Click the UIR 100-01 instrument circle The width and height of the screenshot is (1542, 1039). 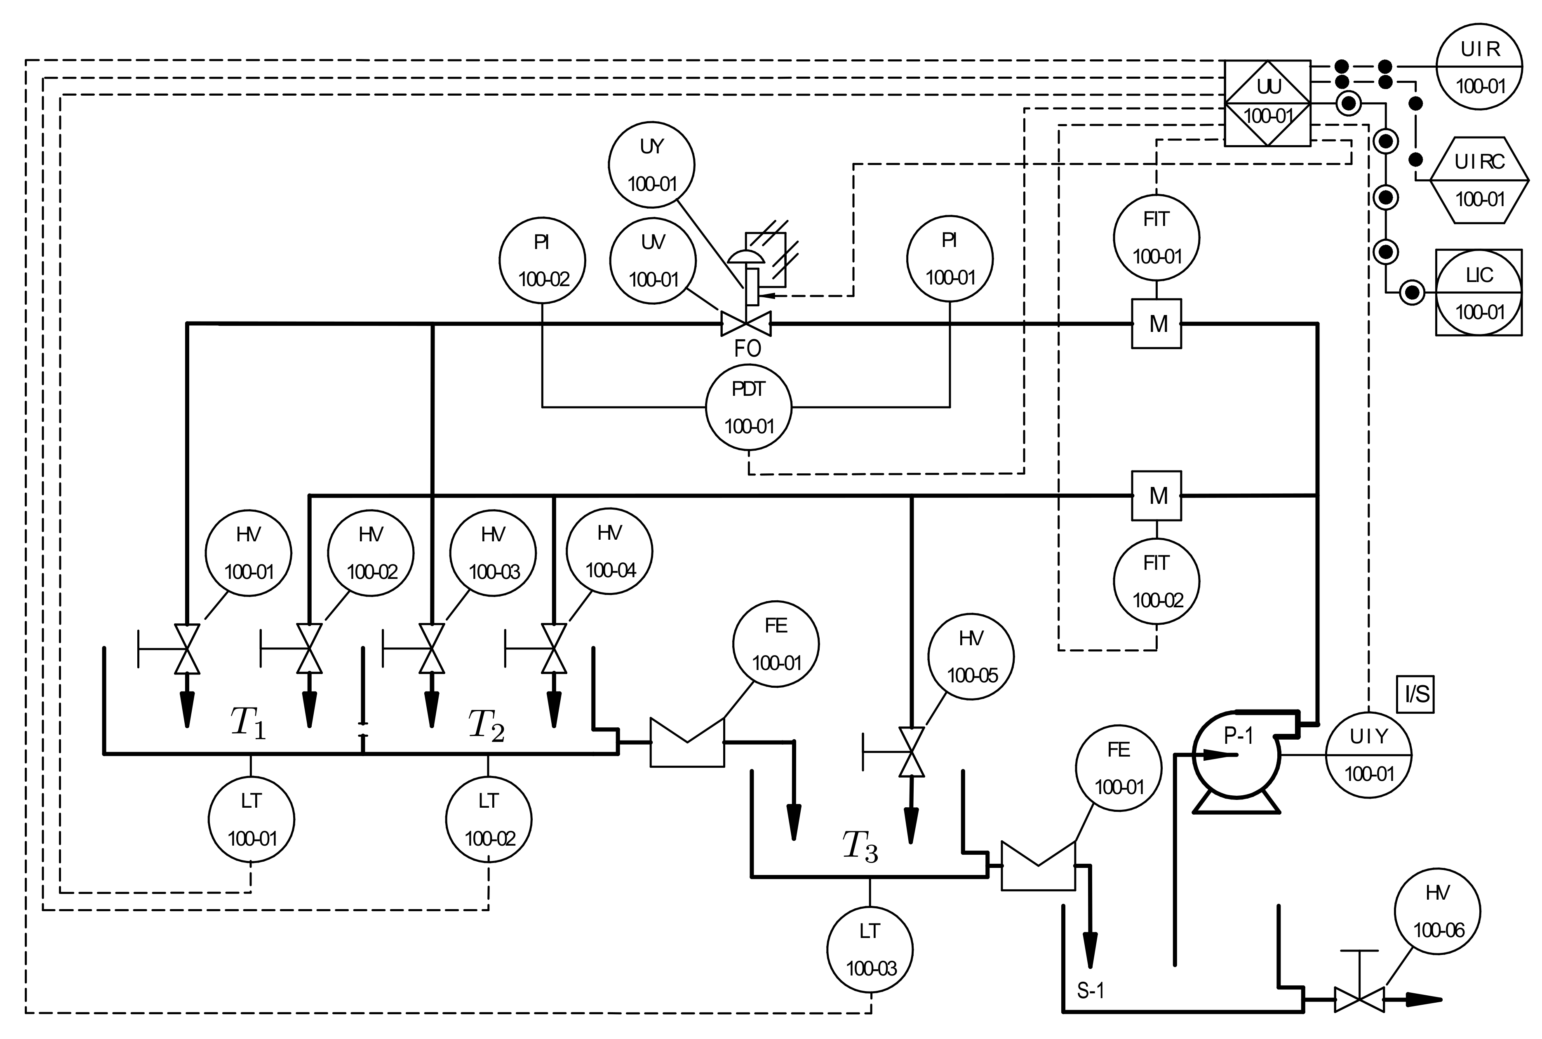tap(1479, 67)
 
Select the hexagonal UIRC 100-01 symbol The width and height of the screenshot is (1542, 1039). tap(1479, 180)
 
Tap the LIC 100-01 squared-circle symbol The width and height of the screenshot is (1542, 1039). tap(1479, 292)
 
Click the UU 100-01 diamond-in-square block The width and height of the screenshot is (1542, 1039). tap(1267, 103)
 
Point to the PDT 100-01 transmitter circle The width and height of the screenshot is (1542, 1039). tap(749, 407)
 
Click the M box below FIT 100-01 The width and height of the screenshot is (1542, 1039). tap(1156, 323)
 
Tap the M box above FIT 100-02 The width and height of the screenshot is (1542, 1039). tap(1156, 495)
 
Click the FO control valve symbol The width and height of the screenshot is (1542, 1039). tap(746, 323)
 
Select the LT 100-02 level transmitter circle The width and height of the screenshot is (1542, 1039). tap(489, 820)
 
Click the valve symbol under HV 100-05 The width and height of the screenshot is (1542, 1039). tap(911, 751)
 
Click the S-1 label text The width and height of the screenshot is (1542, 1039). tap(1090, 991)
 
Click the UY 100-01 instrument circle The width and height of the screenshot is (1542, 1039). tap(651, 165)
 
